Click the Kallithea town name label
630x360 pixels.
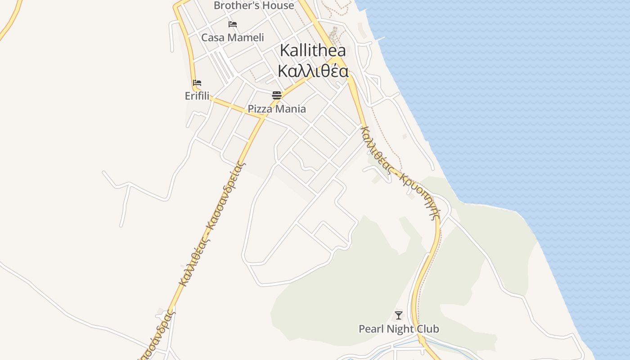click(313, 50)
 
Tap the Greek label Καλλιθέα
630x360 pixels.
click(313, 71)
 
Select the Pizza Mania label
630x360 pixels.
click(277, 109)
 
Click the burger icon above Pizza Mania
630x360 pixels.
click(277, 95)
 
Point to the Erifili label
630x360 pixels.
click(197, 96)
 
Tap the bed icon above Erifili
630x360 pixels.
click(197, 83)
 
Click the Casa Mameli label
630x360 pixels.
click(233, 37)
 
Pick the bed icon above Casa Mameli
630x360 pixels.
click(233, 24)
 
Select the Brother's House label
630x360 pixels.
click(254, 6)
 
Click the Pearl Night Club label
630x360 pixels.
click(399, 329)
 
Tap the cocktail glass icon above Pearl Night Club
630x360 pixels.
click(399, 315)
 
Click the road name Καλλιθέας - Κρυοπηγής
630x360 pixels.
click(400, 172)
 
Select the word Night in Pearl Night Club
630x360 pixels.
click(399, 329)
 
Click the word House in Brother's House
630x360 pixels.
click(279, 6)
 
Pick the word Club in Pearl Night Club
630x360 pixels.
click(428, 329)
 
